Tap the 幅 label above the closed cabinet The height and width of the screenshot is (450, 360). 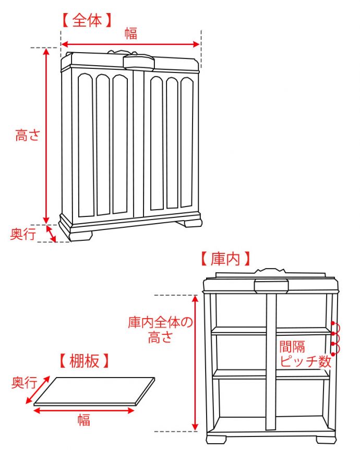click(x=131, y=34)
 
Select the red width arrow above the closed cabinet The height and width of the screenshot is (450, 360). click(x=131, y=45)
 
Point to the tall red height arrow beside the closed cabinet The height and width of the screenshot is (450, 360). click(x=46, y=136)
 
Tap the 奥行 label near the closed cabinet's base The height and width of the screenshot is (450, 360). click(x=23, y=235)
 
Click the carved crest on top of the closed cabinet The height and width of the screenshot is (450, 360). click(x=138, y=61)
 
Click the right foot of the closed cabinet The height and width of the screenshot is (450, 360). click(x=189, y=223)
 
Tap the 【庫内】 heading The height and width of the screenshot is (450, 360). click(x=225, y=259)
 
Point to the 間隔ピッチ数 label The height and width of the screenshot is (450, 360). click(x=305, y=355)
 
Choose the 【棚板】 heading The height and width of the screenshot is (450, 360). click(x=84, y=360)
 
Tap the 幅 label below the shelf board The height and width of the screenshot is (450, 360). click(x=83, y=420)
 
